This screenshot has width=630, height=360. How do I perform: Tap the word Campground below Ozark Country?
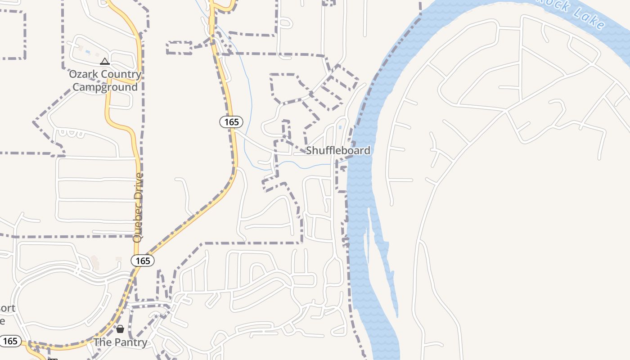105,87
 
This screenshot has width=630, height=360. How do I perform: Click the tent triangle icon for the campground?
105,61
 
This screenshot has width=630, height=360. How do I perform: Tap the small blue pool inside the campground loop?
87,52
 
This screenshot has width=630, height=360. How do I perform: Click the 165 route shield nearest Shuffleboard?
231,122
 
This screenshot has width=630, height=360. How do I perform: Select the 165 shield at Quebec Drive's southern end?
143,261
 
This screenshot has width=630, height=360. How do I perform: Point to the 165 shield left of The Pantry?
10,341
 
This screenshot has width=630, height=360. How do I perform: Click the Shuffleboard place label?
338,150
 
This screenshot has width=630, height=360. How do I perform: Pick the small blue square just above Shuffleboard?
340,127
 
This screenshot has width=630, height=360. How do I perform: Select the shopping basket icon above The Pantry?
120,329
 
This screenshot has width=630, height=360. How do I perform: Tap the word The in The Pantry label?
102,342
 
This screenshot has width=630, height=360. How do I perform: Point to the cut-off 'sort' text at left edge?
7,308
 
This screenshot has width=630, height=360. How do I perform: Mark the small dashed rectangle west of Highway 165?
179,48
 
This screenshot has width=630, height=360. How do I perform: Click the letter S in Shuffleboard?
309,150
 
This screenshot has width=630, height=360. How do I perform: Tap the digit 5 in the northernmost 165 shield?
237,122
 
